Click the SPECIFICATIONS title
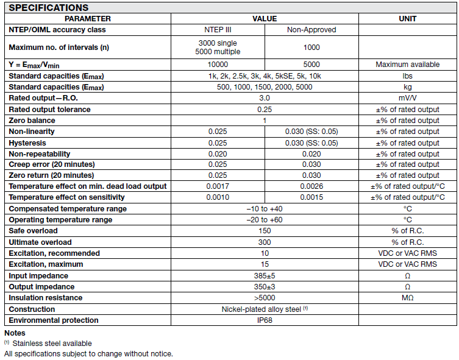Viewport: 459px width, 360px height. [49, 8]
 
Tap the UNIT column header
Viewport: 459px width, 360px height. [407, 18]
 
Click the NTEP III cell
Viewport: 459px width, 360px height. [218, 29]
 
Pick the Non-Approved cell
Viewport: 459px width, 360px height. [311, 29]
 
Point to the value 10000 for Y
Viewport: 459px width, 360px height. [218, 65]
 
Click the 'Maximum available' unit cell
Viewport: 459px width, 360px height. [407, 65]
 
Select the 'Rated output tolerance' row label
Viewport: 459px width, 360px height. [49, 110]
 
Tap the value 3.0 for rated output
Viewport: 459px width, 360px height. [264, 98]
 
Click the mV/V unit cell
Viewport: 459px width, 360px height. [407, 98]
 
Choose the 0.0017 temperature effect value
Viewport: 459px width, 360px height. [218, 186]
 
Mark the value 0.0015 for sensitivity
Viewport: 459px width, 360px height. [311, 197]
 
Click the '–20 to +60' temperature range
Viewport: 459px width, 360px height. [264, 220]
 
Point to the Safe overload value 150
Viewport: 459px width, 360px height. [264, 231]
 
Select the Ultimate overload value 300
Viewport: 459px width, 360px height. [264, 242]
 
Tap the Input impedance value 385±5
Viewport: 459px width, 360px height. [264, 276]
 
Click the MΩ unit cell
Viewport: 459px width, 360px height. [407, 298]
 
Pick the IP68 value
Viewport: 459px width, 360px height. [264, 320]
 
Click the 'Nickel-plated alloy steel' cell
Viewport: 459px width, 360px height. [264, 309]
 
